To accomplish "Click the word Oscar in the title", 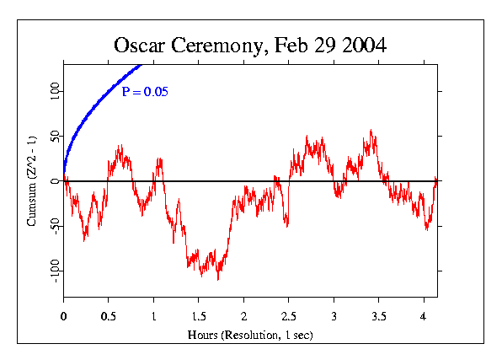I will pos(142,46).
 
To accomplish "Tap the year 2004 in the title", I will pos(364,46).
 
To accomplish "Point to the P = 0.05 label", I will pos(142,92).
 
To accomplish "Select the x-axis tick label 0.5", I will pos(108,318).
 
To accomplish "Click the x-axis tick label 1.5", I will pos(198,318).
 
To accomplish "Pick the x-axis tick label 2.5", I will pos(288,318).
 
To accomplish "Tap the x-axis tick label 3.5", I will pos(378,318).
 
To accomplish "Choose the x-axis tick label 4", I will pos(424,318).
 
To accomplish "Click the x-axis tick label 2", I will pos(243,318).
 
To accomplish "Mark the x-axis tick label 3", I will pos(334,318).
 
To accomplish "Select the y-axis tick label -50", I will pos(55,224).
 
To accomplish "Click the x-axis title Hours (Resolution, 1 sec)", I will pos(250,334).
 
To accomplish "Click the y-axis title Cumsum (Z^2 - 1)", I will pos(31,180).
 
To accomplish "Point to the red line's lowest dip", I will pos(218,279).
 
